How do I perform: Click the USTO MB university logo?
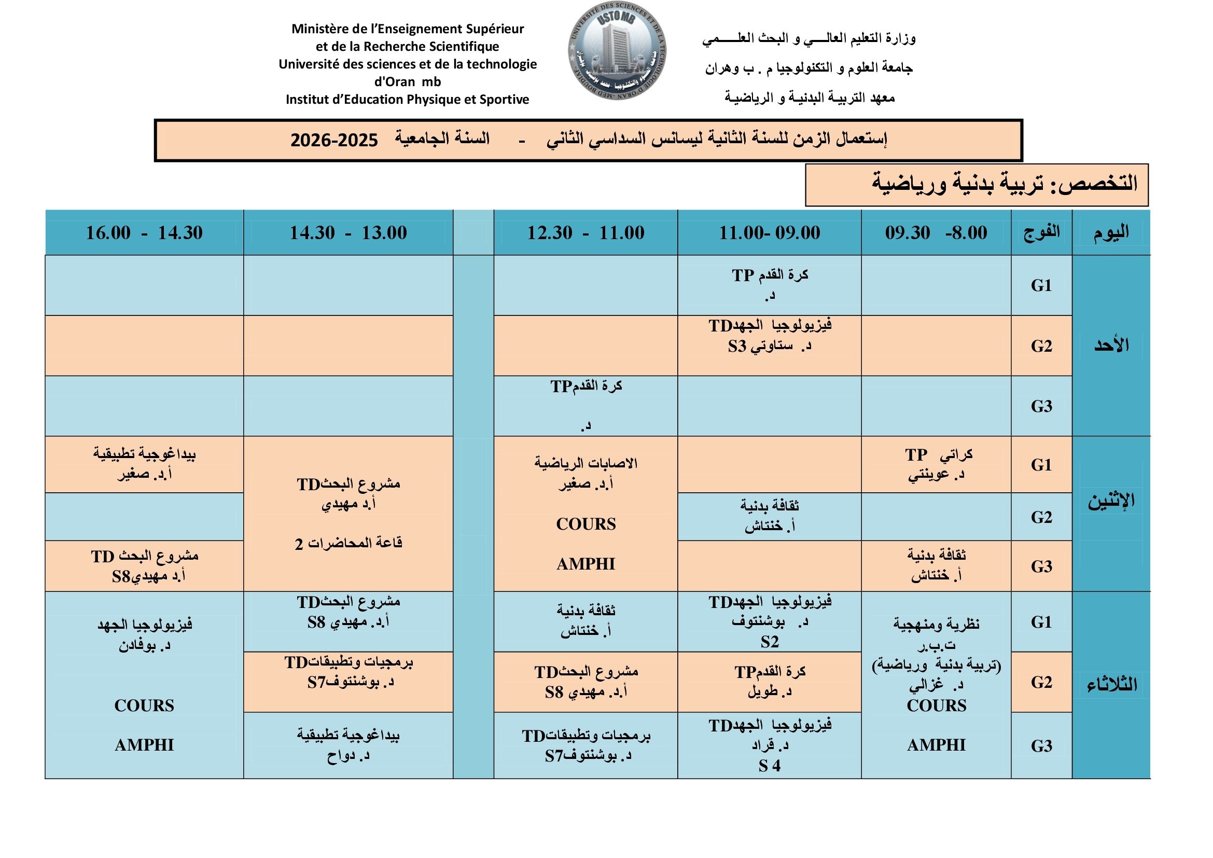(x=617, y=51)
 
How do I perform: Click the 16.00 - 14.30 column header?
(x=144, y=232)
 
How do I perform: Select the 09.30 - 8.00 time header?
(x=936, y=232)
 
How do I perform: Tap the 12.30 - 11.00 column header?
(x=585, y=232)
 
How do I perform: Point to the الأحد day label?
(x=1111, y=345)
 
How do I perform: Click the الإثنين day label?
(x=1111, y=501)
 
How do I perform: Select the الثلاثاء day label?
(x=1111, y=685)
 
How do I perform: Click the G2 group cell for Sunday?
(x=1041, y=346)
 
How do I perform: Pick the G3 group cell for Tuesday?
(x=1041, y=745)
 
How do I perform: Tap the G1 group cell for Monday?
(x=1041, y=465)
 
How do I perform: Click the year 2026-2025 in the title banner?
(x=334, y=141)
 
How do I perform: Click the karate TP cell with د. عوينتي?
(x=936, y=464)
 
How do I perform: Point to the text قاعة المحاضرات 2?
(x=348, y=543)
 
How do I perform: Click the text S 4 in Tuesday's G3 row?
(x=769, y=766)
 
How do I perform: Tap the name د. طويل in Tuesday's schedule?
(x=769, y=691)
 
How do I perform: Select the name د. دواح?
(x=348, y=756)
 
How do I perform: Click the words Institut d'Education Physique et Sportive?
(x=407, y=99)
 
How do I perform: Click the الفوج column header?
(x=1041, y=232)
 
